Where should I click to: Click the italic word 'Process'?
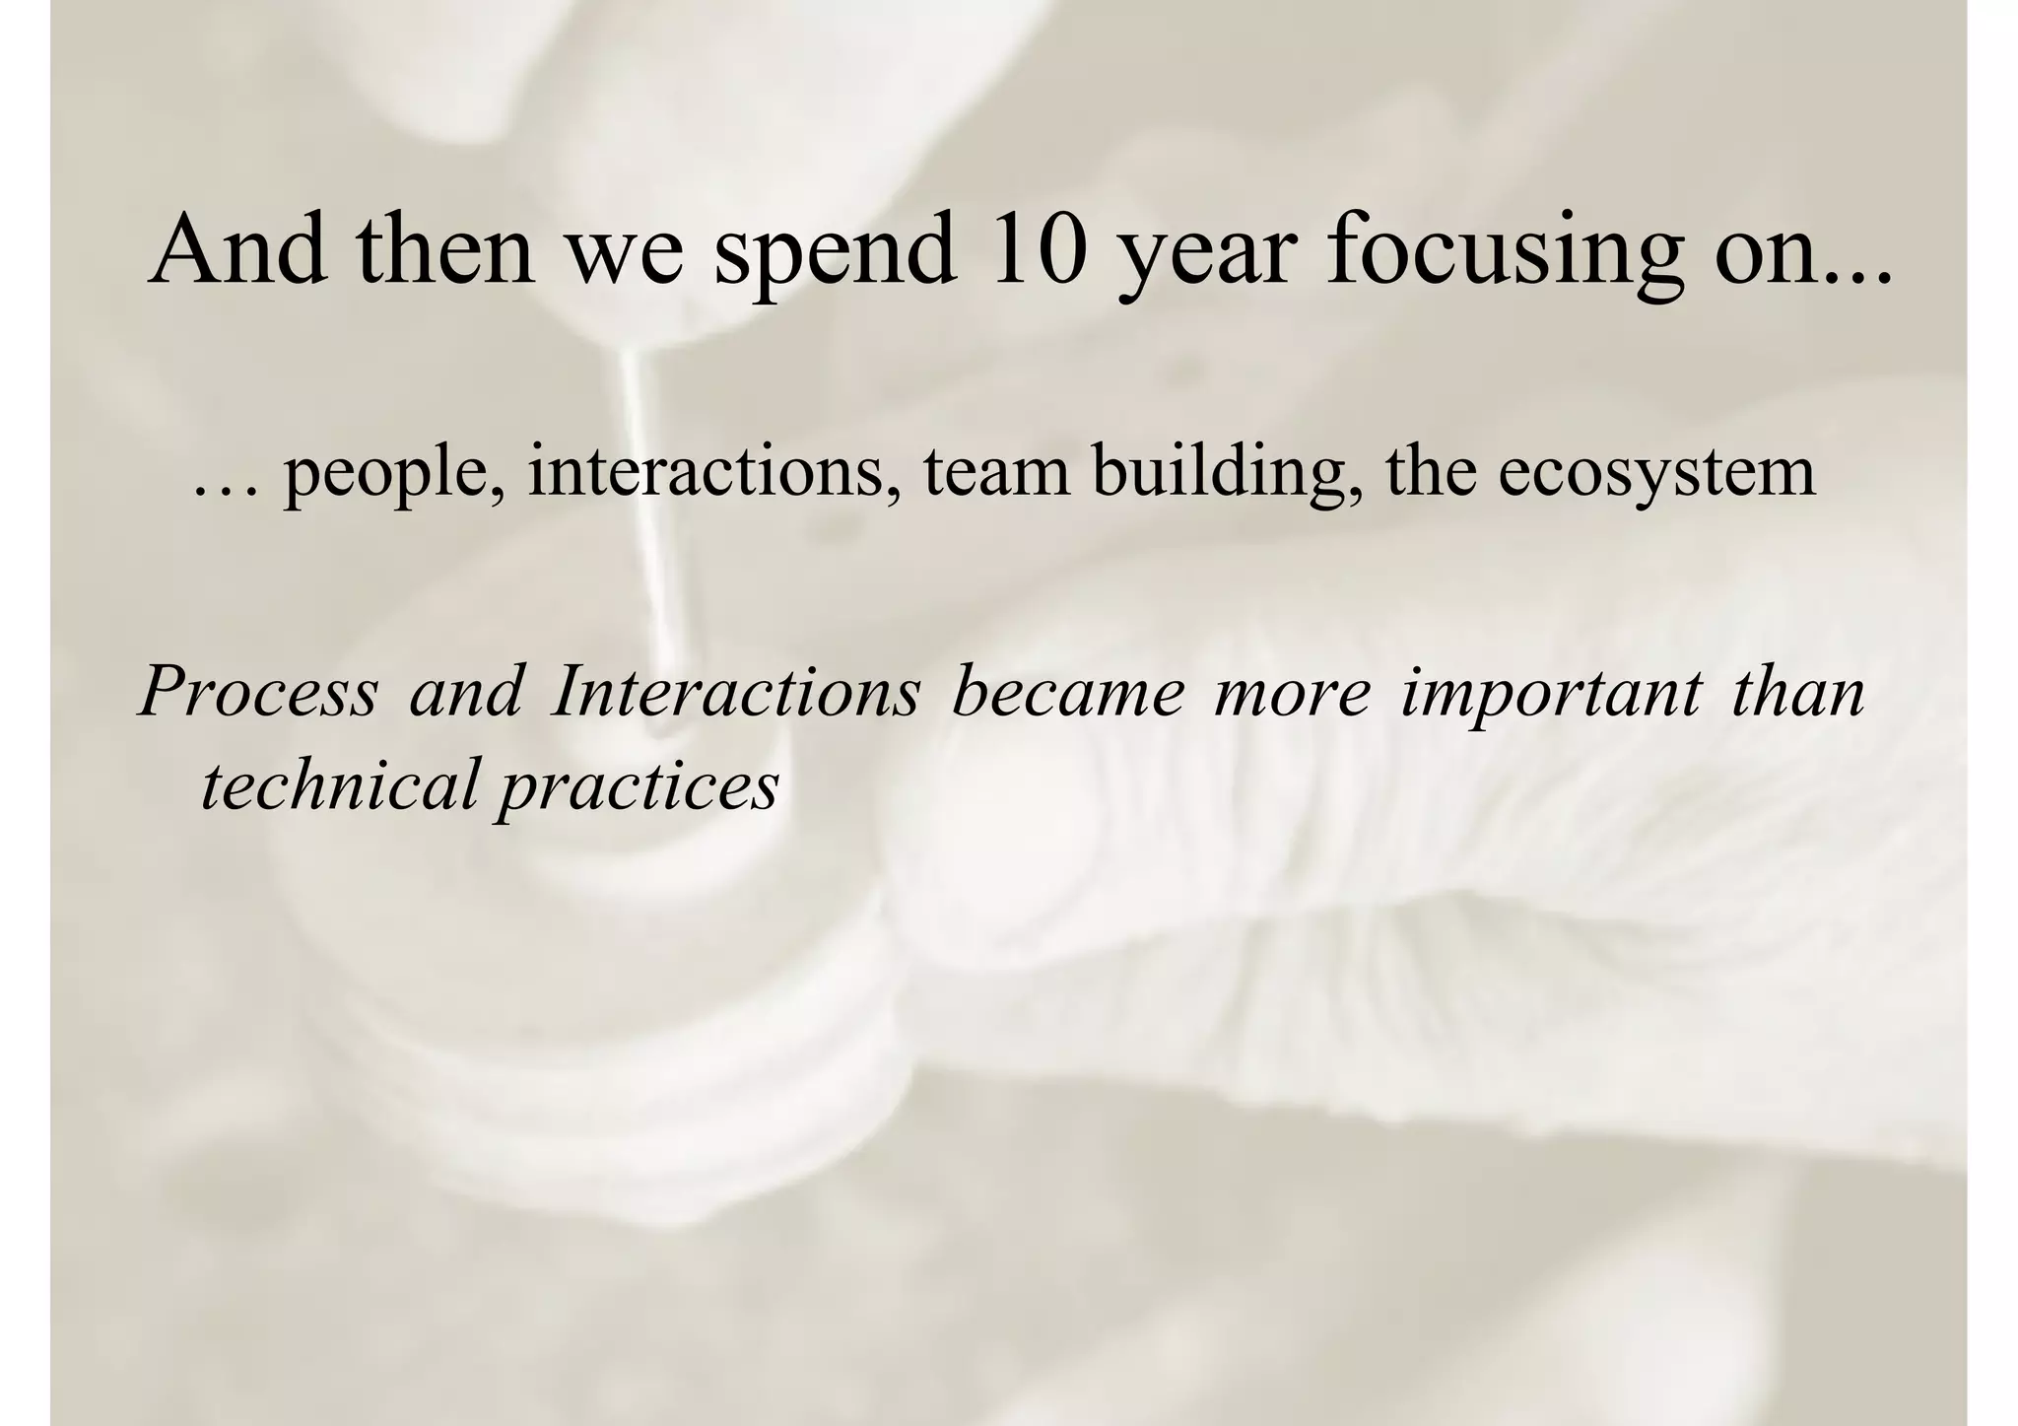[x=259, y=692]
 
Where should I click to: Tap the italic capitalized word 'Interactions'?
[x=737, y=692]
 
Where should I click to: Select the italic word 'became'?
[x=1068, y=692]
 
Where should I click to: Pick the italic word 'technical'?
[x=339, y=784]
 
